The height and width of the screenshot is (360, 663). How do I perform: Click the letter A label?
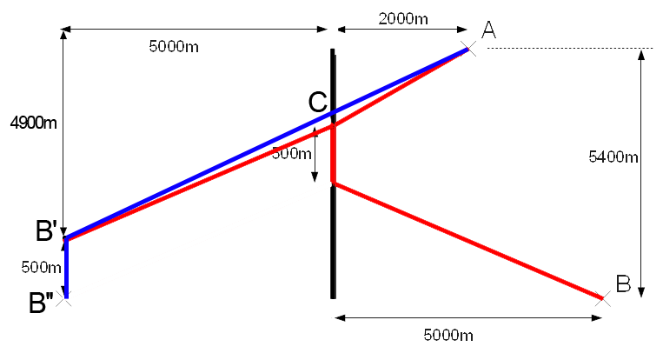[488, 30]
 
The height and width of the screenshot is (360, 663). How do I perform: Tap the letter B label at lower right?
[623, 283]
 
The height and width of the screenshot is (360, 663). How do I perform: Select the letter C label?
[318, 103]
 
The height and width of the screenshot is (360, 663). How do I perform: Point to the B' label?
[46, 231]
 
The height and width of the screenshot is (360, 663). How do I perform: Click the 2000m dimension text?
[402, 17]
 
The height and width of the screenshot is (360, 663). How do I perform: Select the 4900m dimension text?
[33, 123]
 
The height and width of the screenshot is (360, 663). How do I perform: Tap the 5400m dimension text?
[613, 157]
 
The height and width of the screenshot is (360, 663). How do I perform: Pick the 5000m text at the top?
[174, 46]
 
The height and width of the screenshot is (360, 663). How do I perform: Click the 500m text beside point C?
[291, 154]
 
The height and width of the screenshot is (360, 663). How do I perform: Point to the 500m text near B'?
[41, 267]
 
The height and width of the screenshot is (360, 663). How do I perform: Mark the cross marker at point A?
[468, 49]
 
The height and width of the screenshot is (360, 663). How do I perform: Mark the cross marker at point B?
[601, 298]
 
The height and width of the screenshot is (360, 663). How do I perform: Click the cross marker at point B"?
[66, 297]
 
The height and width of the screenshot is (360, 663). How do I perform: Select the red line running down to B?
[469, 242]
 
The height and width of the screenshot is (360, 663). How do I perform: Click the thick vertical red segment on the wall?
[333, 154]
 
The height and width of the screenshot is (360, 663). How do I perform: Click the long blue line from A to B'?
[200, 175]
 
